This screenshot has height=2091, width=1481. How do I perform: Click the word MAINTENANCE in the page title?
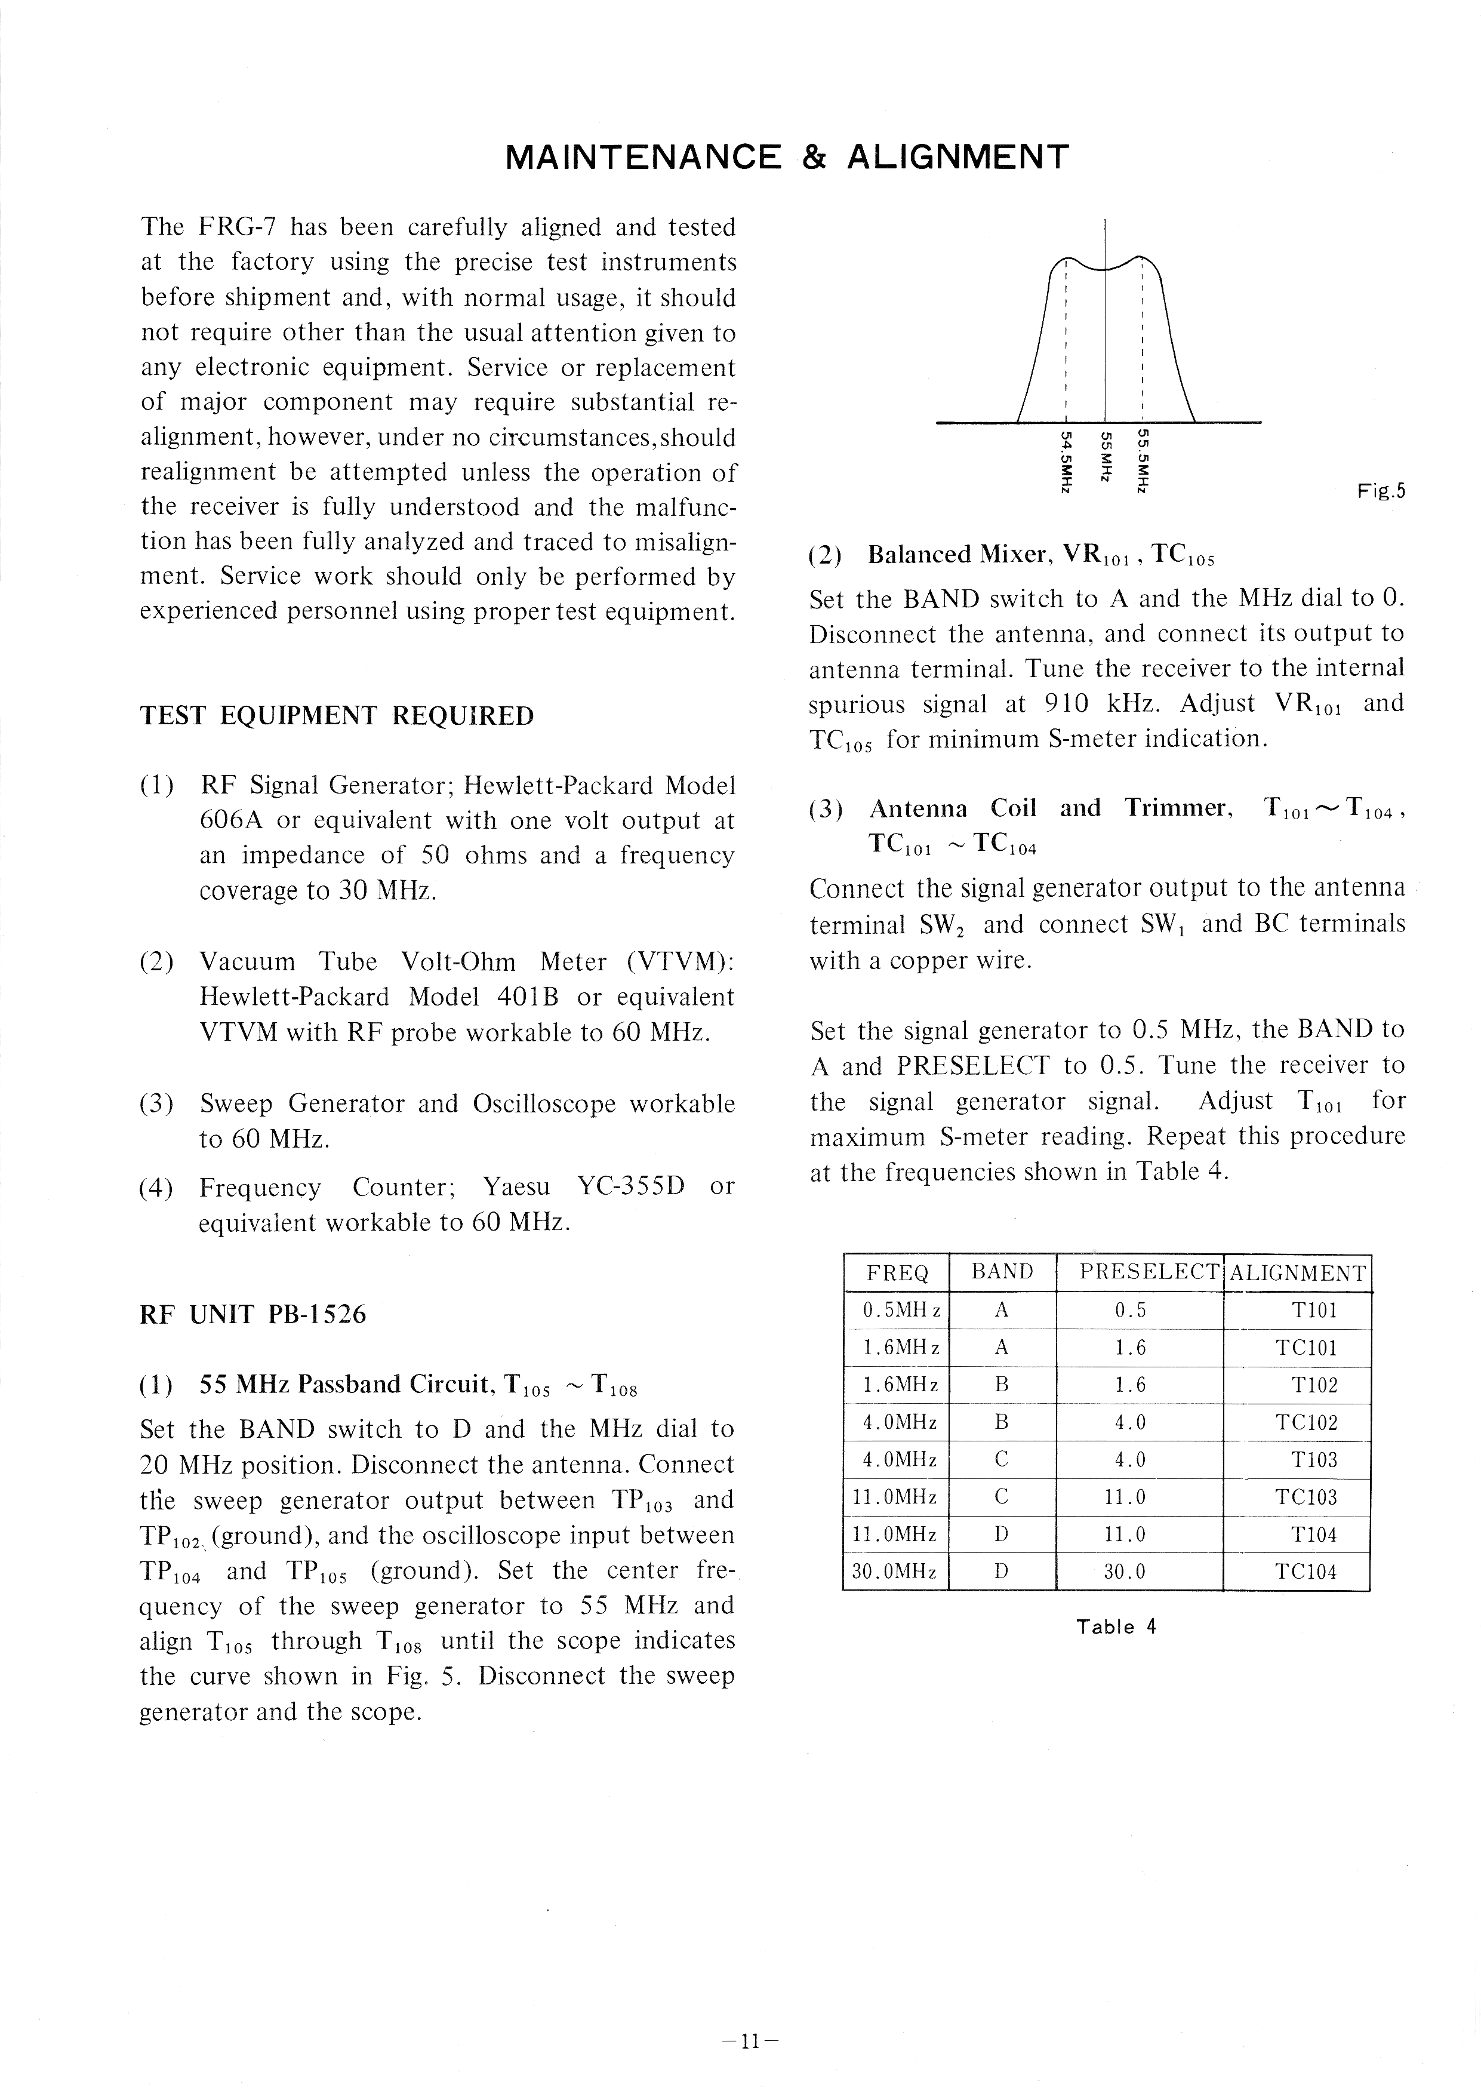pos(643,158)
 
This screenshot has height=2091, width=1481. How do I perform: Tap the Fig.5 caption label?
pos(1381,491)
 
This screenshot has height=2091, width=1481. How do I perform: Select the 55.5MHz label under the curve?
pos(1141,462)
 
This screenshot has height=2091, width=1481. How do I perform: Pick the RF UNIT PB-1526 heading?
pos(253,1314)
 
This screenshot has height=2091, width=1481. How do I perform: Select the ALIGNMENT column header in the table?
pos(1298,1273)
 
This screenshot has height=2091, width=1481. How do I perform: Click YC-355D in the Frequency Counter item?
pos(631,1186)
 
